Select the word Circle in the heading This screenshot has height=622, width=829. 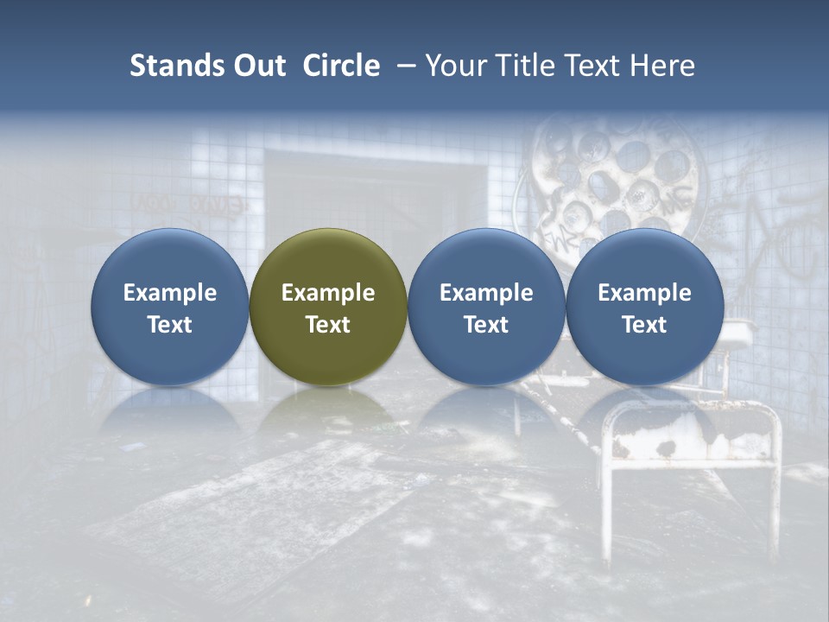[x=341, y=66]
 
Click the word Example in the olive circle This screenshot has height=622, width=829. [x=328, y=293]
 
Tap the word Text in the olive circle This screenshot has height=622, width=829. [x=328, y=325]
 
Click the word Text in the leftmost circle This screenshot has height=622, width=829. [x=170, y=325]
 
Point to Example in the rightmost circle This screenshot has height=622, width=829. [x=645, y=293]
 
